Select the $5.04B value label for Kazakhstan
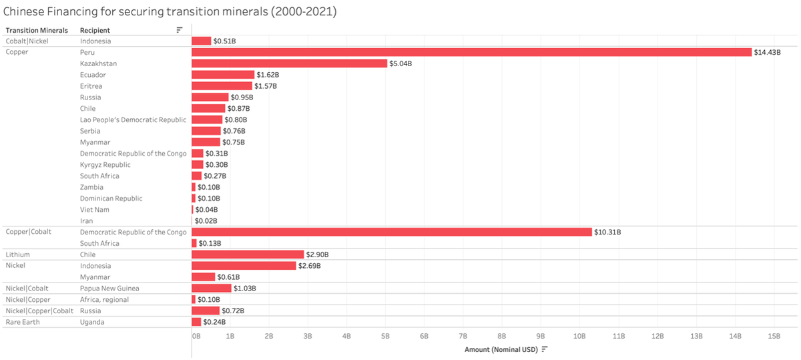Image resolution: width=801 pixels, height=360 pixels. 400,63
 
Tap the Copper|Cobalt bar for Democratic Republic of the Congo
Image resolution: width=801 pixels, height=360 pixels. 391,232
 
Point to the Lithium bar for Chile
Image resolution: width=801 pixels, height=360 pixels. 248,254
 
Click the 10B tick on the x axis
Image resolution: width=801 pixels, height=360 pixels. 579,336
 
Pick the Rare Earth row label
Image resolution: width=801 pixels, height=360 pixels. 19,322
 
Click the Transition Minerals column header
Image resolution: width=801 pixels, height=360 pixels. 37,30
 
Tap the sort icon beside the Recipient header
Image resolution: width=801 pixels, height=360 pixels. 179,30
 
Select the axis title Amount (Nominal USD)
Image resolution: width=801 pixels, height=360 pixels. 501,349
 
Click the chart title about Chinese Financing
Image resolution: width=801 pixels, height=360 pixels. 170,11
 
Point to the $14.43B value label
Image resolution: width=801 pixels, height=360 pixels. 768,52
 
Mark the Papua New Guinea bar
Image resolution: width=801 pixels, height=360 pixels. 211,288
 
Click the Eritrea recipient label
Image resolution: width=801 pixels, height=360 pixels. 91,86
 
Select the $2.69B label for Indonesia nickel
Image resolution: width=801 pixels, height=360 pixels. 309,266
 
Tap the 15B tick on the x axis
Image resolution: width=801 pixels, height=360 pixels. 774,336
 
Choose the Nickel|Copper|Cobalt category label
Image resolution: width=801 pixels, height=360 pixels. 39,311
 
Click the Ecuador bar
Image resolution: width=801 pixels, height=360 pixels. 223,75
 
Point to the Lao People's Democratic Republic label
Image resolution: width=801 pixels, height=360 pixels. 133,120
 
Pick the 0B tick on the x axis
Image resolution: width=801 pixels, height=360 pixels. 196,336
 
